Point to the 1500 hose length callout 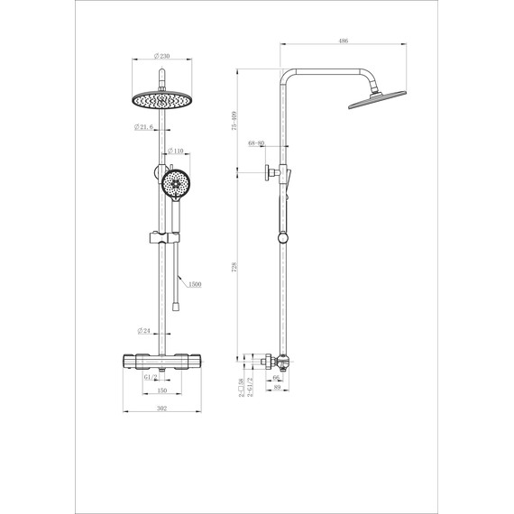(x=195, y=283)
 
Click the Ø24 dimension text (x=143, y=330)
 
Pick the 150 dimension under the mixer (x=161, y=392)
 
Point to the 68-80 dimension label (x=256, y=143)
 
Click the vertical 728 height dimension (x=235, y=267)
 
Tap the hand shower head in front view (x=175, y=184)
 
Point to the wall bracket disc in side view (x=268, y=172)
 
